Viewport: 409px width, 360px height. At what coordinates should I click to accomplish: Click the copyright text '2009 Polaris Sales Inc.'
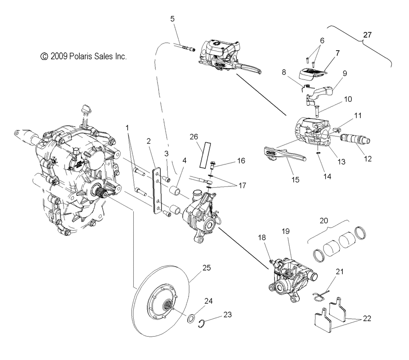coord(84,56)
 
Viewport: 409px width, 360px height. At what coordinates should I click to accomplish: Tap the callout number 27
coord(367,35)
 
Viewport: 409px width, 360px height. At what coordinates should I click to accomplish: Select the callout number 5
coord(172,18)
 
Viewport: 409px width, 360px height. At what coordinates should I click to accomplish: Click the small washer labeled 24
coord(191,318)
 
